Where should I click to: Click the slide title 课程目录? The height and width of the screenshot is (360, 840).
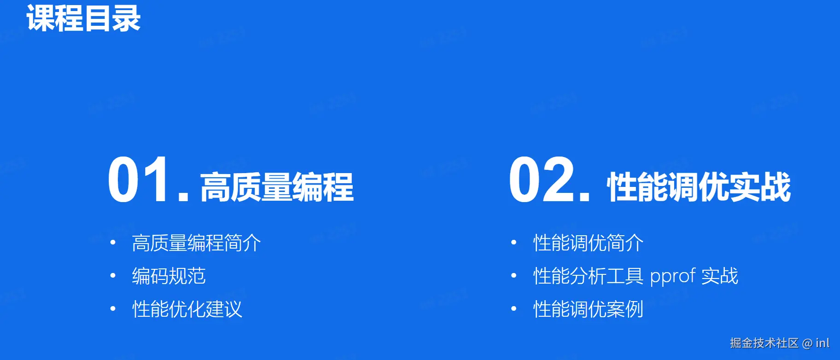(x=83, y=18)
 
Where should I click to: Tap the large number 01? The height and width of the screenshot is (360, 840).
(x=139, y=180)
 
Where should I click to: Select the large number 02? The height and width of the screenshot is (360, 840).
(x=542, y=180)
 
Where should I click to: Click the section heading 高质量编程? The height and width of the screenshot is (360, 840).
(x=277, y=187)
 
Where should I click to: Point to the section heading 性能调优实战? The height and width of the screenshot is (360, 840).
(x=699, y=187)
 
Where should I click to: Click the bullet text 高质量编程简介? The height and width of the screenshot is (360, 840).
(x=197, y=243)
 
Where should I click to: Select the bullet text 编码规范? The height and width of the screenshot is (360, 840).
(x=169, y=276)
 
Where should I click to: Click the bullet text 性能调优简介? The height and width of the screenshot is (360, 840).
(x=589, y=243)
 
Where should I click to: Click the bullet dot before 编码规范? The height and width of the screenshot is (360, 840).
(x=113, y=276)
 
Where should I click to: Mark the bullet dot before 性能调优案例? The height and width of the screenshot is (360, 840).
(x=514, y=309)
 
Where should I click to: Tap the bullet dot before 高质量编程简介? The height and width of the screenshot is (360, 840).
(x=113, y=243)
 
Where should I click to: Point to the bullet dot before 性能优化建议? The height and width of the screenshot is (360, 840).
(x=113, y=309)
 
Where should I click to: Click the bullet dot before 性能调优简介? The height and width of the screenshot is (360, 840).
(x=514, y=243)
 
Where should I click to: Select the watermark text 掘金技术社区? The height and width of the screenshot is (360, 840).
(x=764, y=343)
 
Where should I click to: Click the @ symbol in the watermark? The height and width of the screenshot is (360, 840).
(x=807, y=343)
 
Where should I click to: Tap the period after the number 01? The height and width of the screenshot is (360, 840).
(x=183, y=196)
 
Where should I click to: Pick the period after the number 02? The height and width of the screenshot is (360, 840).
(x=584, y=196)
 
